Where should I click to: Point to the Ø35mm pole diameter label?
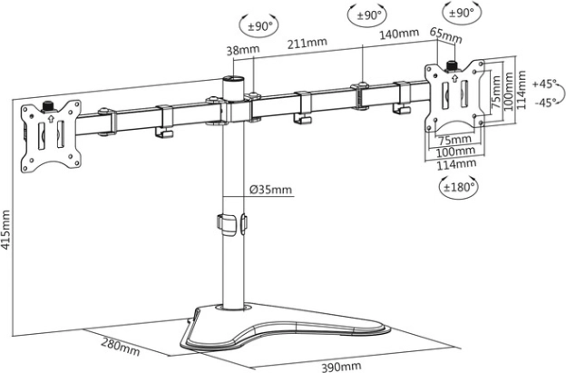tap(271, 189)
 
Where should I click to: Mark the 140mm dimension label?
tap(399, 35)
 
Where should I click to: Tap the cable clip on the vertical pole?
tap(231, 222)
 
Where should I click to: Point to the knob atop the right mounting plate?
tap(450, 66)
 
